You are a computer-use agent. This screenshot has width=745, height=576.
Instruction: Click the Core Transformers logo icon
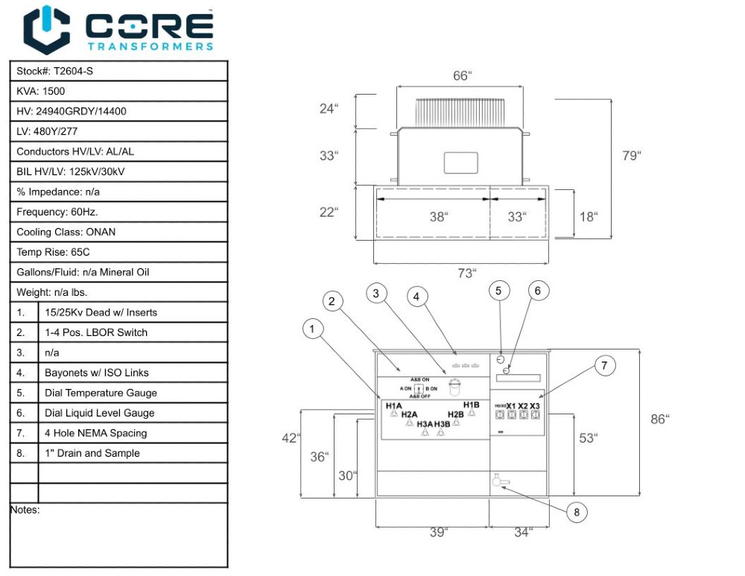point(46,30)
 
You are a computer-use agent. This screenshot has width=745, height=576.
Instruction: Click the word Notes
point(25,510)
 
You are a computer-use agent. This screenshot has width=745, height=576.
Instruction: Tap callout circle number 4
point(417,297)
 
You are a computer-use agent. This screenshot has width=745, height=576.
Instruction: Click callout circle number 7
point(605,365)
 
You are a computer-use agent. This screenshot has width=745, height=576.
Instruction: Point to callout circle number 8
point(576,512)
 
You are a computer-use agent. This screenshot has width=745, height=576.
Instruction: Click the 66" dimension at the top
point(463,76)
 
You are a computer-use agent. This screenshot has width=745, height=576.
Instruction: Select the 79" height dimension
point(631,156)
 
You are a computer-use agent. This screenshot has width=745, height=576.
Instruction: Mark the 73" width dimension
point(466,273)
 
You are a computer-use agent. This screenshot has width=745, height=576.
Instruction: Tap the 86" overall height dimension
point(659,420)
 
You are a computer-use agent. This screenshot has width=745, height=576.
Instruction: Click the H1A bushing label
point(393,405)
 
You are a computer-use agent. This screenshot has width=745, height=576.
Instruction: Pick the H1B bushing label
point(471,405)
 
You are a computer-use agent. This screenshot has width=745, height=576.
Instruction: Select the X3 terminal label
point(534,405)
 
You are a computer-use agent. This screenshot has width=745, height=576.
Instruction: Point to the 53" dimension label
point(588,438)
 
